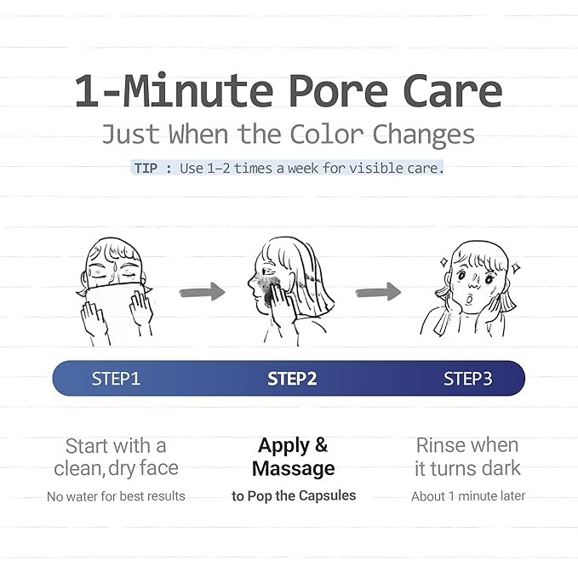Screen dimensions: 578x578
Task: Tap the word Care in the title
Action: pyautogui.click(x=452, y=92)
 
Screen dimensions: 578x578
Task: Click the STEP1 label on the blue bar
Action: pyautogui.click(x=116, y=379)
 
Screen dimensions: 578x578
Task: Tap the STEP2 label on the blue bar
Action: pyautogui.click(x=292, y=379)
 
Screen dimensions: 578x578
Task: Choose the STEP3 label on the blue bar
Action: pyautogui.click(x=467, y=379)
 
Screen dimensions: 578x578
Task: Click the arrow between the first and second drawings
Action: pyautogui.click(x=202, y=292)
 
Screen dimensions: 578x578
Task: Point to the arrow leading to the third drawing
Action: pyautogui.click(x=378, y=292)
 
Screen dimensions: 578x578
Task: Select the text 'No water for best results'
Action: pyautogui.click(x=116, y=496)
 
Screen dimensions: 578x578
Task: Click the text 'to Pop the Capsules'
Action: pyautogui.click(x=294, y=495)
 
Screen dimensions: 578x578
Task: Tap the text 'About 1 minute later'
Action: pyautogui.click(x=468, y=495)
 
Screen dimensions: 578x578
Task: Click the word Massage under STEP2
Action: pyautogui.click(x=293, y=468)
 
